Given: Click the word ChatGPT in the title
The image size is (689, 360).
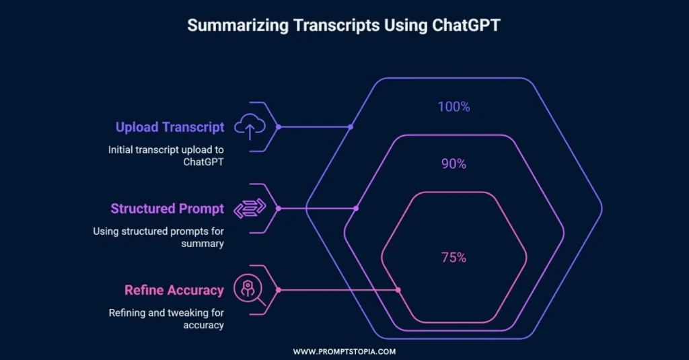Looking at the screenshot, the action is (x=466, y=25).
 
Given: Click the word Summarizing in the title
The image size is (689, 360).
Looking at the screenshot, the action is (x=238, y=26).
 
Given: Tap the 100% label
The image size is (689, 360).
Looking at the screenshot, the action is (x=454, y=107).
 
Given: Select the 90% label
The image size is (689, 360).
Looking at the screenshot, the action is (x=454, y=164).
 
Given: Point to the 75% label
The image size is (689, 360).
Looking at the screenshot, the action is (x=454, y=258).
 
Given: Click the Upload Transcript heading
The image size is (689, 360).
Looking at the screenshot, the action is (x=170, y=127).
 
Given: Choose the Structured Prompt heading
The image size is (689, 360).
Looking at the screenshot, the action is (x=167, y=209).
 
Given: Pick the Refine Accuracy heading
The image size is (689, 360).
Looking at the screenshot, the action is (x=174, y=290).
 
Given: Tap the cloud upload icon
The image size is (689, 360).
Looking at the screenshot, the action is (x=250, y=127).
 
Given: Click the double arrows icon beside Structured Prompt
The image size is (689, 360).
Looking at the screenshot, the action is (x=250, y=209).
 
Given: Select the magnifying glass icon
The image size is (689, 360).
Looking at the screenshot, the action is (x=249, y=289).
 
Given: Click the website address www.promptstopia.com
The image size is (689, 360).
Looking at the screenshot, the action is (x=344, y=352).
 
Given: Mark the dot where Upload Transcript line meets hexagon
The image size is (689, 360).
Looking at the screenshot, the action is (x=350, y=127).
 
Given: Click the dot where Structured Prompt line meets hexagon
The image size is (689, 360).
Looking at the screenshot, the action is (x=356, y=209).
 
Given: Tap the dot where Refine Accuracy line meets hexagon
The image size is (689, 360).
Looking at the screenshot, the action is (x=398, y=290).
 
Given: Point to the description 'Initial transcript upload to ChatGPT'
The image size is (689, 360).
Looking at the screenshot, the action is (x=166, y=155).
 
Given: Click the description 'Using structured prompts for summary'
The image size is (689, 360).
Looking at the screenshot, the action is (x=158, y=238).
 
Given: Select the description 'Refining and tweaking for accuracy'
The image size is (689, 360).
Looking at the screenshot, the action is (x=166, y=319).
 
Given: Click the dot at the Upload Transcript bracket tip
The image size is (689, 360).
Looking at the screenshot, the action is (x=278, y=127).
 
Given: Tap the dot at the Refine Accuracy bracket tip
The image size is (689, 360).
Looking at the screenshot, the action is (x=278, y=290).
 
